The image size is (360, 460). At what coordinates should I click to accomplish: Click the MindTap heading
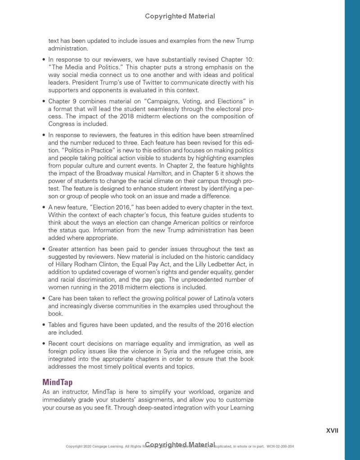pyautogui.click(x=57, y=382)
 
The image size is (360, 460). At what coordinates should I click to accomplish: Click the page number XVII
pyautogui.click(x=332, y=431)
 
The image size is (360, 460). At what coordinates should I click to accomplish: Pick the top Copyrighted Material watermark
pyautogui.click(x=180, y=16)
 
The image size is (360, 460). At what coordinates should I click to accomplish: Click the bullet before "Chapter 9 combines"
pyautogui.click(x=44, y=102)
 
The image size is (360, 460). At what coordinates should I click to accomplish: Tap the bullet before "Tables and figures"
pyautogui.click(x=44, y=325)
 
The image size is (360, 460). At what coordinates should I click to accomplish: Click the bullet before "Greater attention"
pyautogui.click(x=44, y=249)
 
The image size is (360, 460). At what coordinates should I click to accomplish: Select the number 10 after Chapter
pyautogui.click(x=249, y=59)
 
